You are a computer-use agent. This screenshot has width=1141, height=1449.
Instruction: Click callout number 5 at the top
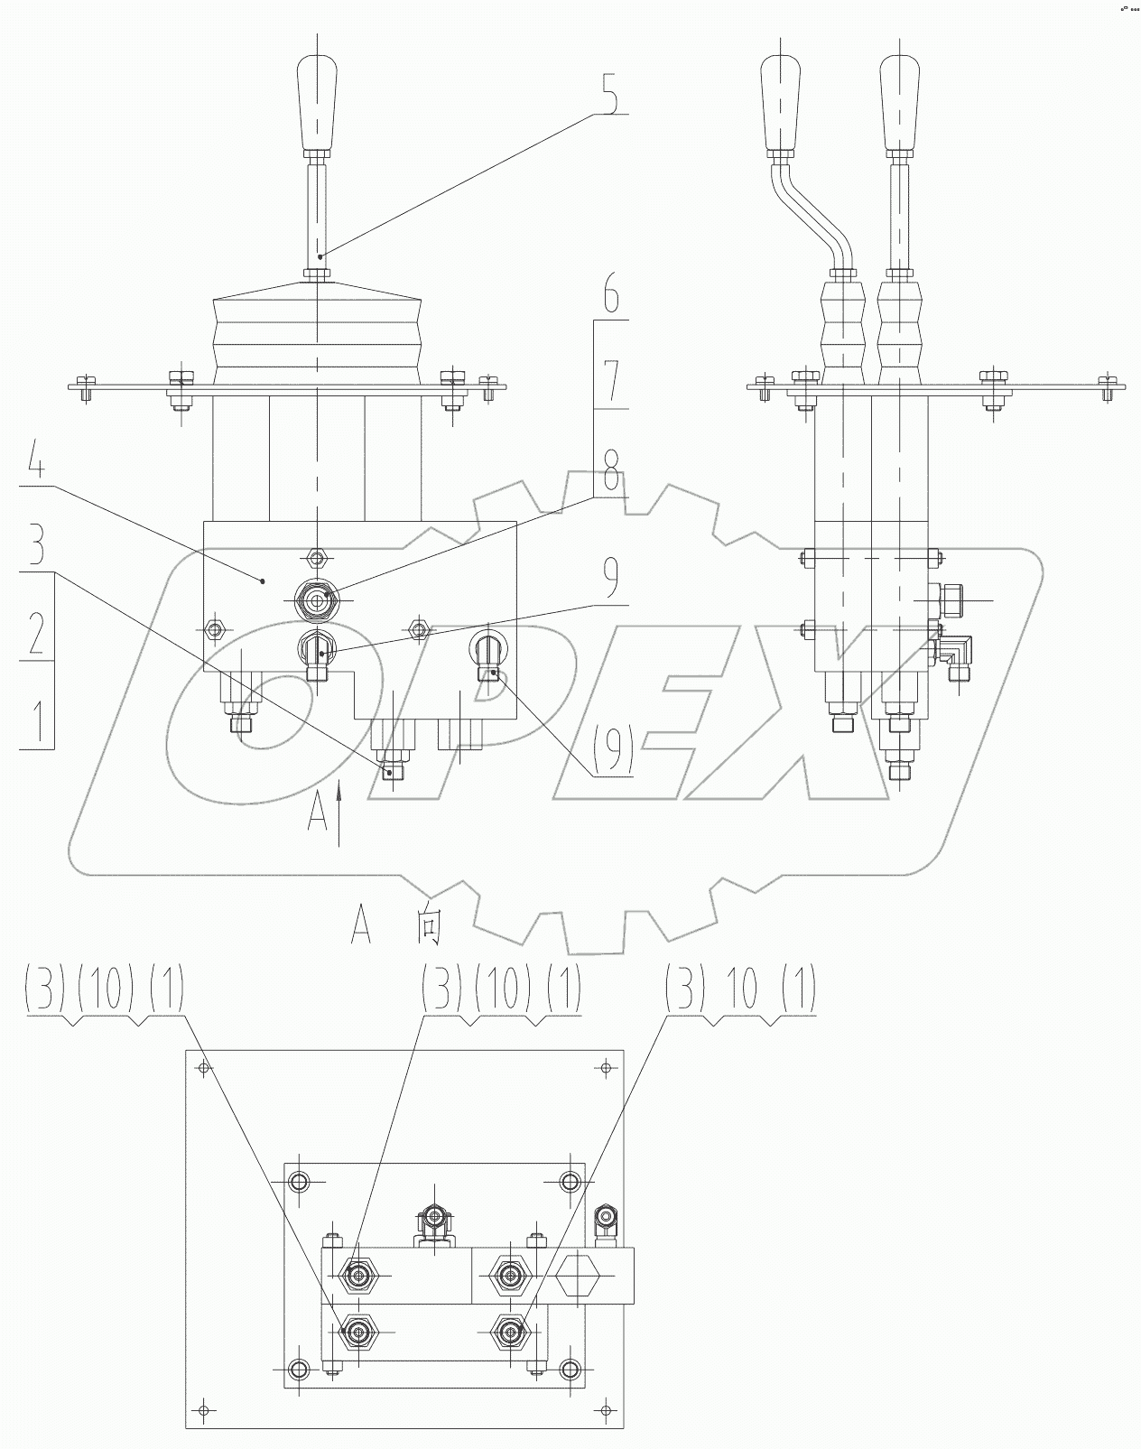(x=611, y=93)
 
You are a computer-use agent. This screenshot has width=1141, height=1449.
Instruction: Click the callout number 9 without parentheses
(x=611, y=580)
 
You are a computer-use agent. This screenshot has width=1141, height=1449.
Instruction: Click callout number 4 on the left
(x=35, y=462)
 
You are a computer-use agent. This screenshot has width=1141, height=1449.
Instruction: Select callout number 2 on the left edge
(x=36, y=633)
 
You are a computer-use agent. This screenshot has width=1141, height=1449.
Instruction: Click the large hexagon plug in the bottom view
(x=579, y=1276)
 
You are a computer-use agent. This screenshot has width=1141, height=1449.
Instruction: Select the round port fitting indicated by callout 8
(x=316, y=599)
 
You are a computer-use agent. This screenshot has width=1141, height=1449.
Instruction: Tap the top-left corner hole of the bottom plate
(x=203, y=1068)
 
